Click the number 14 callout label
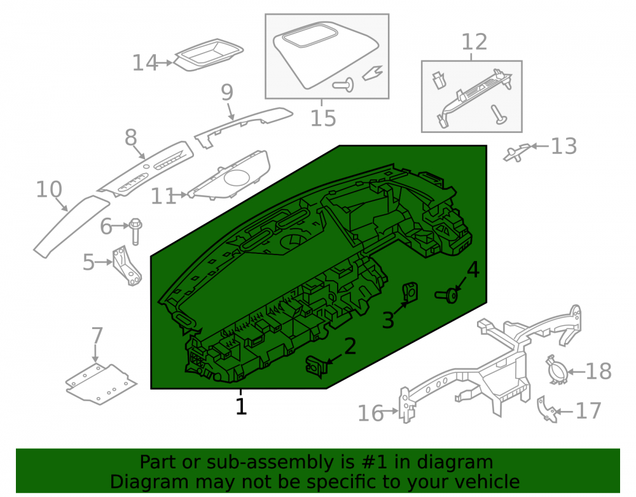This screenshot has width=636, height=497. pos(145,63)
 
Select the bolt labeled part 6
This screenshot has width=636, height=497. pos(135,231)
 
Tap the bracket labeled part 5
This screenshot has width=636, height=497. pos(127,266)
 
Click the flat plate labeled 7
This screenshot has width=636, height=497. pos(100,384)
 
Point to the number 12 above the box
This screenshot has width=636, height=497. pos(474,42)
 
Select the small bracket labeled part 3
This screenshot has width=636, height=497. pos(410,291)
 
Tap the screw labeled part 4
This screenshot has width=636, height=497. pos(446,296)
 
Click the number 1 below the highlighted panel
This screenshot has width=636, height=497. pos(241,407)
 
